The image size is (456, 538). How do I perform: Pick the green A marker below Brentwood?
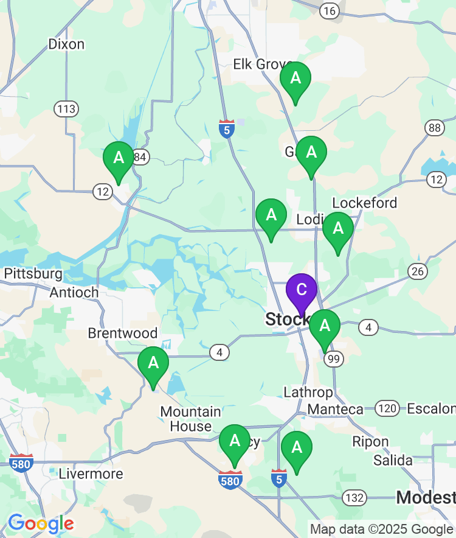click(153, 364)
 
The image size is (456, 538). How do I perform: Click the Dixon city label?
click(66, 44)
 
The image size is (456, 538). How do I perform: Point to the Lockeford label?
click(365, 203)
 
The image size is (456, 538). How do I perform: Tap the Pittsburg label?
click(33, 274)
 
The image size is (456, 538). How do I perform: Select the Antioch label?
click(74, 292)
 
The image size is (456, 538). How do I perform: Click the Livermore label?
click(91, 473)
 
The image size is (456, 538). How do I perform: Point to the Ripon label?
click(370, 442)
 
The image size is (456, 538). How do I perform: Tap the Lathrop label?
click(309, 393)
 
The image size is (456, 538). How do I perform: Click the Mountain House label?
click(190, 419)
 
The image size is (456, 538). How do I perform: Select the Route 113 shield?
click(66, 110)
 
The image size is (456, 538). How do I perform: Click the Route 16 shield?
click(330, 10)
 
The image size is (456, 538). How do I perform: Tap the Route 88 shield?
click(434, 127)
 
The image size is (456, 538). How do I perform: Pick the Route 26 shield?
click(418, 271)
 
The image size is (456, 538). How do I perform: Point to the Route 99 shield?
click(333, 359)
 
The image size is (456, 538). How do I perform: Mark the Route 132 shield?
click(354, 497)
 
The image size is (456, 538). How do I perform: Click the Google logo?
click(41, 523)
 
